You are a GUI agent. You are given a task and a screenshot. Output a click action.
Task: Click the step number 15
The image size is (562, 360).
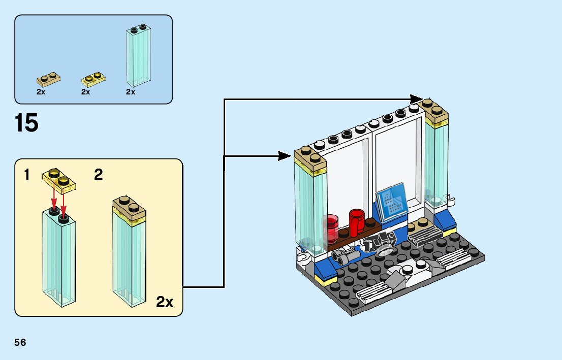(27, 123)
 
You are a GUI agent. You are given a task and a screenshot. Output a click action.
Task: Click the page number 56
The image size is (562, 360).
(20, 342)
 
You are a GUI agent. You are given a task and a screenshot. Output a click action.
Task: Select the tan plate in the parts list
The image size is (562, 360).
(48, 80)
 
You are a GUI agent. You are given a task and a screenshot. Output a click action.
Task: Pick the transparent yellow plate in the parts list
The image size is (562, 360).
(93, 79)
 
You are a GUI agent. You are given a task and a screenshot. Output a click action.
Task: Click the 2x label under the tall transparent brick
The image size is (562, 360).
(131, 92)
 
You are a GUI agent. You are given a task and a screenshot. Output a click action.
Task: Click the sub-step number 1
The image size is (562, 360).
(26, 175)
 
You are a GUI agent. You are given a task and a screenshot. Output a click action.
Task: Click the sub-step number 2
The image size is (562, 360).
(99, 175)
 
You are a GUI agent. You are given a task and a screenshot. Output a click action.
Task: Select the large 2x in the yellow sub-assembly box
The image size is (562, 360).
(164, 303)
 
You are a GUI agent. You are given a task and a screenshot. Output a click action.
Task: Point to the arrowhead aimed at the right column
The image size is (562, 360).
(416, 99)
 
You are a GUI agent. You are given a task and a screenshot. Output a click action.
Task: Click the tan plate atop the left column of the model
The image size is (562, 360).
(310, 155)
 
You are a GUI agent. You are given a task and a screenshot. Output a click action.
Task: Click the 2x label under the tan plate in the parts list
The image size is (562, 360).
(41, 92)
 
